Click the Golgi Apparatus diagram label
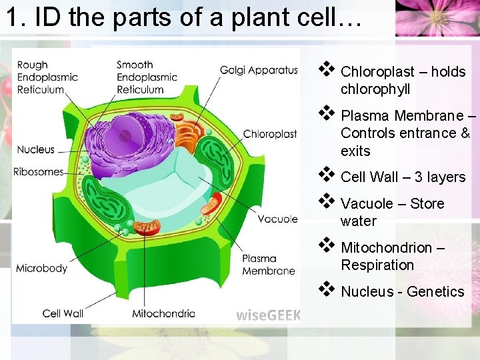259,70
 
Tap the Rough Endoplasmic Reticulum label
47,77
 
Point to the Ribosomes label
38,171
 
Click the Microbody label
41,268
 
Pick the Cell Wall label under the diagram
63,313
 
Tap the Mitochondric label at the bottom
163,313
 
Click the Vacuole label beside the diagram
277,219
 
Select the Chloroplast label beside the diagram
270,134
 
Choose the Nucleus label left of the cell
36,149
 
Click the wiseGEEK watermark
268,315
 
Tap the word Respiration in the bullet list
377,265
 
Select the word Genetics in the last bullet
435,292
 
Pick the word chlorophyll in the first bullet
375,89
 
